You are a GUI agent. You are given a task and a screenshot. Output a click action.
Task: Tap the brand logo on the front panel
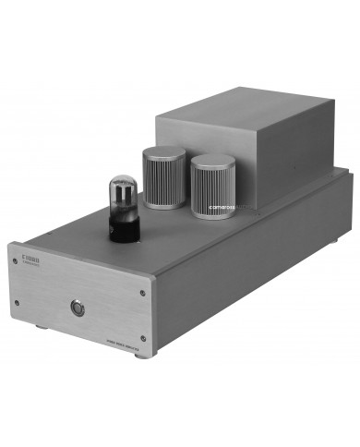tap(23, 248)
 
